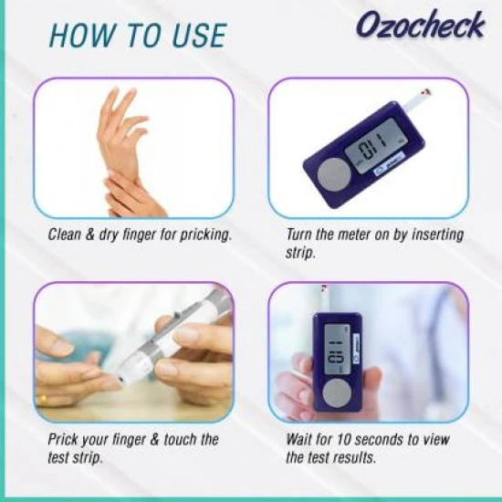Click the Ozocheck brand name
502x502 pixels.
click(x=421, y=25)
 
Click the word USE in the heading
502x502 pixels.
click(x=199, y=36)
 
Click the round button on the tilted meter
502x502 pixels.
click(x=334, y=175)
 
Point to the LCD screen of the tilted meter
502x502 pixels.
click(x=376, y=145)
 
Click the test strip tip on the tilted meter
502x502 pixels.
click(x=426, y=92)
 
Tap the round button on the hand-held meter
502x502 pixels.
click(x=337, y=393)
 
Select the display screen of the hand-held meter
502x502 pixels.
click(x=337, y=349)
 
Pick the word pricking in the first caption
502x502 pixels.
click(x=205, y=235)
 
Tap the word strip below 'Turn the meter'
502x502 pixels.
click(x=300, y=254)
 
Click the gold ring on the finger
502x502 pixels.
click(x=43, y=400)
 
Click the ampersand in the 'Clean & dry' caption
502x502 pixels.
click(x=90, y=235)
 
